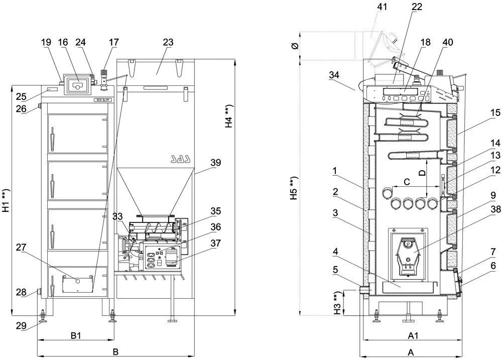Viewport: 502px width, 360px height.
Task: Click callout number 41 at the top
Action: (x=382, y=7)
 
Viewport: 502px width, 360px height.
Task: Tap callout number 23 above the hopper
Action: (x=168, y=42)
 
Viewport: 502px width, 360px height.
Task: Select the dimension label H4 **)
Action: (x=229, y=116)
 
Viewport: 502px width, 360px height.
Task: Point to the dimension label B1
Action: (x=76, y=336)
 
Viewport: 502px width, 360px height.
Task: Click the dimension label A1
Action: (x=413, y=336)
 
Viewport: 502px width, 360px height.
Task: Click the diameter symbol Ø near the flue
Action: (x=295, y=46)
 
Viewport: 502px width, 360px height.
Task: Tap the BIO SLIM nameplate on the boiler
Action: (x=103, y=100)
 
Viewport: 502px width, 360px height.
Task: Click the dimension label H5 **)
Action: (x=294, y=188)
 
